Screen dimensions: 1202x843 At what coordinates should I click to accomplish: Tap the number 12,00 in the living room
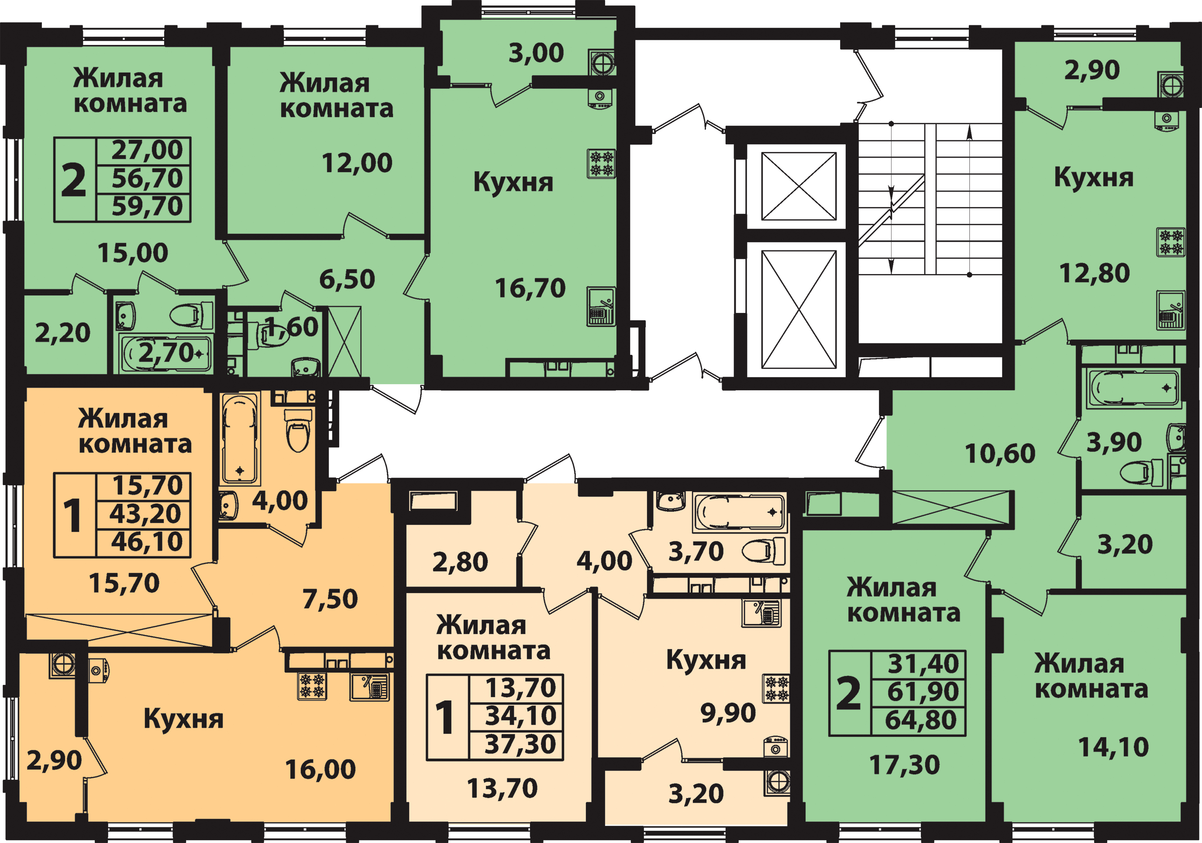click(x=357, y=163)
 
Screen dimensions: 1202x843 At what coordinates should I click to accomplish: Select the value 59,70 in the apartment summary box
click(x=147, y=206)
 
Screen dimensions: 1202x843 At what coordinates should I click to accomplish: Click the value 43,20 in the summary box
click(x=145, y=514)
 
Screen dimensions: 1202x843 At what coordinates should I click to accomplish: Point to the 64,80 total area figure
click(x=921, y=720)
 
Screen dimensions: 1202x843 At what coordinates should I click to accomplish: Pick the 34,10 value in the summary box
click(x=520, y=716)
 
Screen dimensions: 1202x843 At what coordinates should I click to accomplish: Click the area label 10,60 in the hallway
click(x=1000, y=454)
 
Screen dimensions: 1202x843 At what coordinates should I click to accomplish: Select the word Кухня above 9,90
click(x=706, y=660)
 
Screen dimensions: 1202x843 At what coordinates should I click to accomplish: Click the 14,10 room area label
click(x=1113, y=747)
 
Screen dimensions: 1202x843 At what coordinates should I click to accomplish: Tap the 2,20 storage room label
click(x=62, y=333)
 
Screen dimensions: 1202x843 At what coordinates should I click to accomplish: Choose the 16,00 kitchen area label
click(x=320, y=770)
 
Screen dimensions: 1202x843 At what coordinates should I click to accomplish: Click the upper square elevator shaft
click(x=799, y=186)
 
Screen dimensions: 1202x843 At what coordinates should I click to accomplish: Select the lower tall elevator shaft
click(x=799, y=310)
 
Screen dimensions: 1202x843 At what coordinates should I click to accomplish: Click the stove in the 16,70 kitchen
click(x=601, y=163)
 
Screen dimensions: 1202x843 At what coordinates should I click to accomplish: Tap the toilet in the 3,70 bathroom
click(x=763, y=551)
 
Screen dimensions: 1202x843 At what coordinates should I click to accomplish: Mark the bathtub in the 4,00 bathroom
click(x=240, y=438)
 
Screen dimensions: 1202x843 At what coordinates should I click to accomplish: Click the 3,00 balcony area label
click(x=536, y=53)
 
